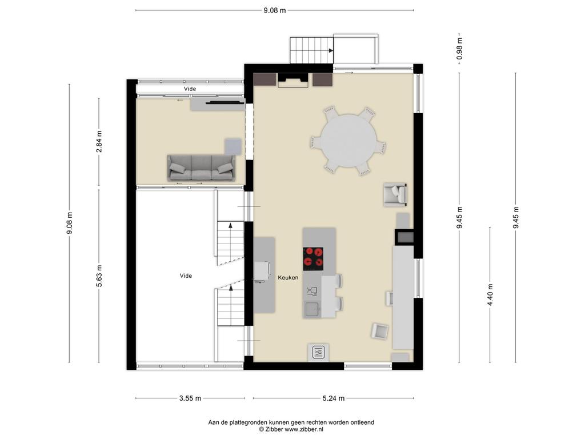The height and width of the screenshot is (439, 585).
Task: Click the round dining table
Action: coord(349,141)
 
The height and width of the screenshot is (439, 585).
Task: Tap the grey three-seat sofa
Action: coord(202,168)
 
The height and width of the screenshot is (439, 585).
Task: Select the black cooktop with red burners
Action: coord(313,259)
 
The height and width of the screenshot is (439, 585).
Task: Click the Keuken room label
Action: coord(288,278)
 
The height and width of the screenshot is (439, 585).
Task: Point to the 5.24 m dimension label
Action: coord(334,398)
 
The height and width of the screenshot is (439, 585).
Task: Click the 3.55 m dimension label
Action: coord(190,398)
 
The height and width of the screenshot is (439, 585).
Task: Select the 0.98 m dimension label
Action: coord(459,49)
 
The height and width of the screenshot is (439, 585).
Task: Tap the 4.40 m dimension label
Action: coord(490,294)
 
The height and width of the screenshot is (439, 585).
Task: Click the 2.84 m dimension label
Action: coord(99,142)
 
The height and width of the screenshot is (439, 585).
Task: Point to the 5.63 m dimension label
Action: coord(99,276)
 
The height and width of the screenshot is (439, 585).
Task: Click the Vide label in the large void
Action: coord(186,276)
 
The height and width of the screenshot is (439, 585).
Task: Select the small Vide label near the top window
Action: coord(190,89)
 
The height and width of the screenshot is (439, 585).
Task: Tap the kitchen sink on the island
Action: coord(311,309)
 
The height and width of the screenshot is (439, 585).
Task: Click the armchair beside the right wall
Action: coord(395,194)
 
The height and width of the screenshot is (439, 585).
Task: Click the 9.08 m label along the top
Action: coord(275,10)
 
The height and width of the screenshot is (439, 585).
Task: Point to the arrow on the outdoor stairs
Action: coord(331,50)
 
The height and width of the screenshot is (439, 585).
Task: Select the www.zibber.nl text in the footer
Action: coord(304,429)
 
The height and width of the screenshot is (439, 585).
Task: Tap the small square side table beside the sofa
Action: coord(233,146)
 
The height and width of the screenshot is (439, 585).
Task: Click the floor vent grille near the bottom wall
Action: coord(318,352)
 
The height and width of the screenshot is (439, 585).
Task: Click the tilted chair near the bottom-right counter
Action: coord(379,331)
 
